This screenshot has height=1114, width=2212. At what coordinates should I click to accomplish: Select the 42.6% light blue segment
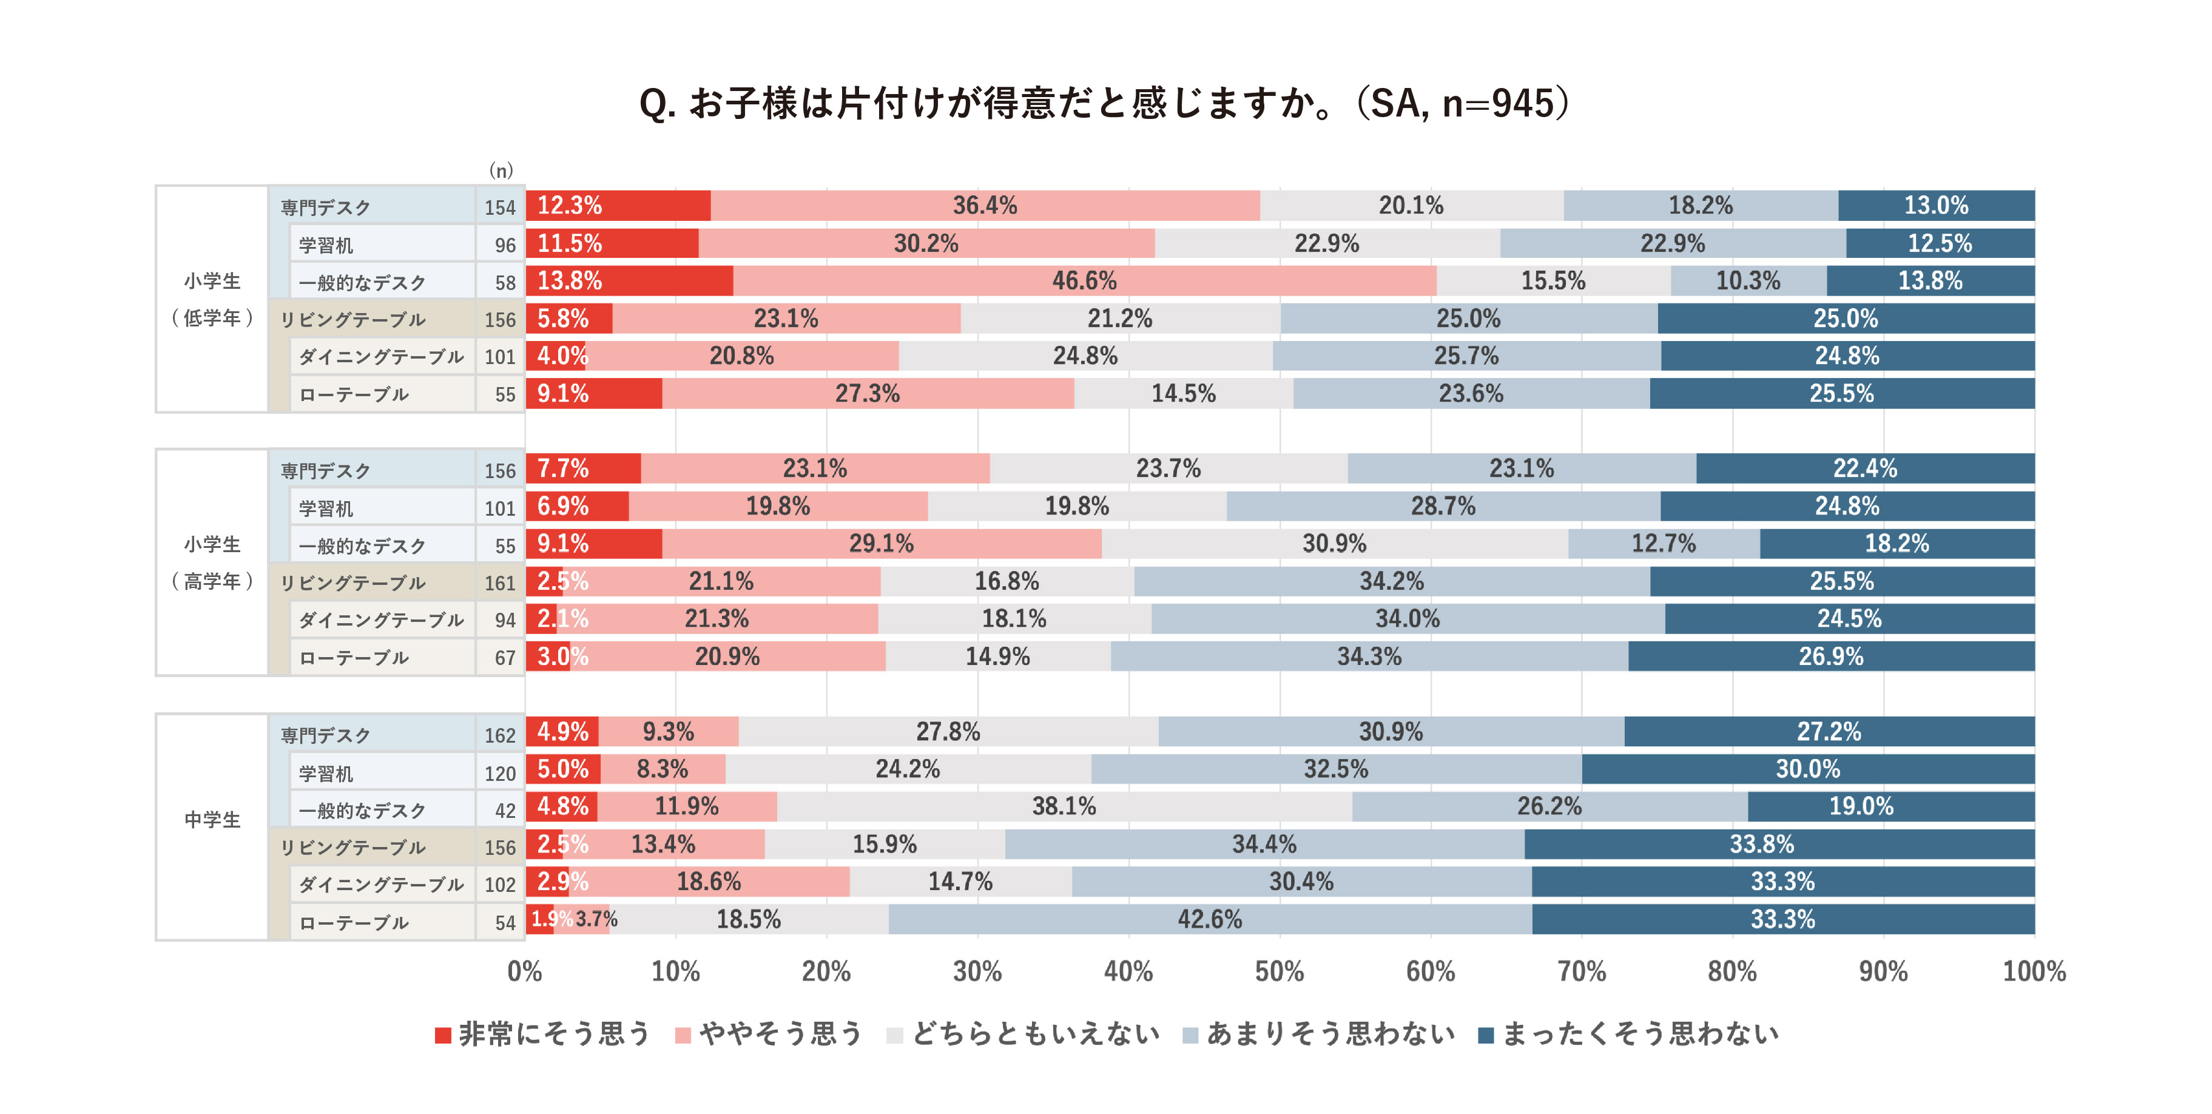1209,919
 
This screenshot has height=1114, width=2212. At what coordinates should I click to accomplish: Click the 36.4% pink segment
984,205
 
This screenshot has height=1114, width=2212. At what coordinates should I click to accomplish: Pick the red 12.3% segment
618,205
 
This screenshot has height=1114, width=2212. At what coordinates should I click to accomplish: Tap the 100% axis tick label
2034,971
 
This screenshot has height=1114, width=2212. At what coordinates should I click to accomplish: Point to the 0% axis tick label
525,971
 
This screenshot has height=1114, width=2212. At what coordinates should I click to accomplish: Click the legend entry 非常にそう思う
543,1033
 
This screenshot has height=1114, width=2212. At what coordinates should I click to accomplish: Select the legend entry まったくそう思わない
1629,1033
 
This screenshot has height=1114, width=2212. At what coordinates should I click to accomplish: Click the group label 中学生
212,819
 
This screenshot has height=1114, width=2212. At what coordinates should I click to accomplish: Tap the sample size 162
500,735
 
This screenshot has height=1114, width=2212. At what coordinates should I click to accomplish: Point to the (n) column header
501,170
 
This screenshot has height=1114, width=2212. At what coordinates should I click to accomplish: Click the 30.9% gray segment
1334,544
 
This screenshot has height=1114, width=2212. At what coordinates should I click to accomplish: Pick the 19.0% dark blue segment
1861,806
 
